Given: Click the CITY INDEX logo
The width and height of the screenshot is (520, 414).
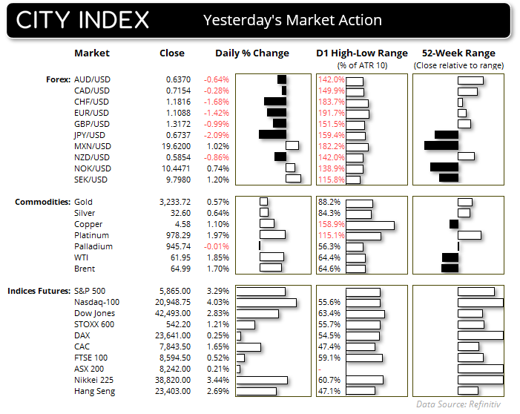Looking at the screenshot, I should tap(82, 20).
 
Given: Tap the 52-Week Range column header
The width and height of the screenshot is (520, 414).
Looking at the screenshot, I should tap(457, 53).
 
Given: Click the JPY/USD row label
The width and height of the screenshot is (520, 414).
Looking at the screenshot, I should tap(92, 135).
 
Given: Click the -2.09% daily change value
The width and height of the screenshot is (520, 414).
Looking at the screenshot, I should tap(218, 135).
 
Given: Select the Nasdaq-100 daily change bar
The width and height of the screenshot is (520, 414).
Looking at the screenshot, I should tap(266, 302).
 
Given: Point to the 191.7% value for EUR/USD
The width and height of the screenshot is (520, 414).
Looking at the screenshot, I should tap(331, 113).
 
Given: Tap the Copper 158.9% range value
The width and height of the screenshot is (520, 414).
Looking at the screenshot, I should tap(331, 224).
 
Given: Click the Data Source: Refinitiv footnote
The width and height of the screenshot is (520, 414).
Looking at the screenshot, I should tap(462, 404).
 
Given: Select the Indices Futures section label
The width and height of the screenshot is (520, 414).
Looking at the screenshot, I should tap(39, 291).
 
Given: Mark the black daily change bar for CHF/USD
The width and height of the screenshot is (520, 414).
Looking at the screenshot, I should tap(275, 102).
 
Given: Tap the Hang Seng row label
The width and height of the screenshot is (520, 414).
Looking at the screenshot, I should tap(93, 391).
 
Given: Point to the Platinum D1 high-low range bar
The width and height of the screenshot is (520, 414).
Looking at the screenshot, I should tap(363, 235).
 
